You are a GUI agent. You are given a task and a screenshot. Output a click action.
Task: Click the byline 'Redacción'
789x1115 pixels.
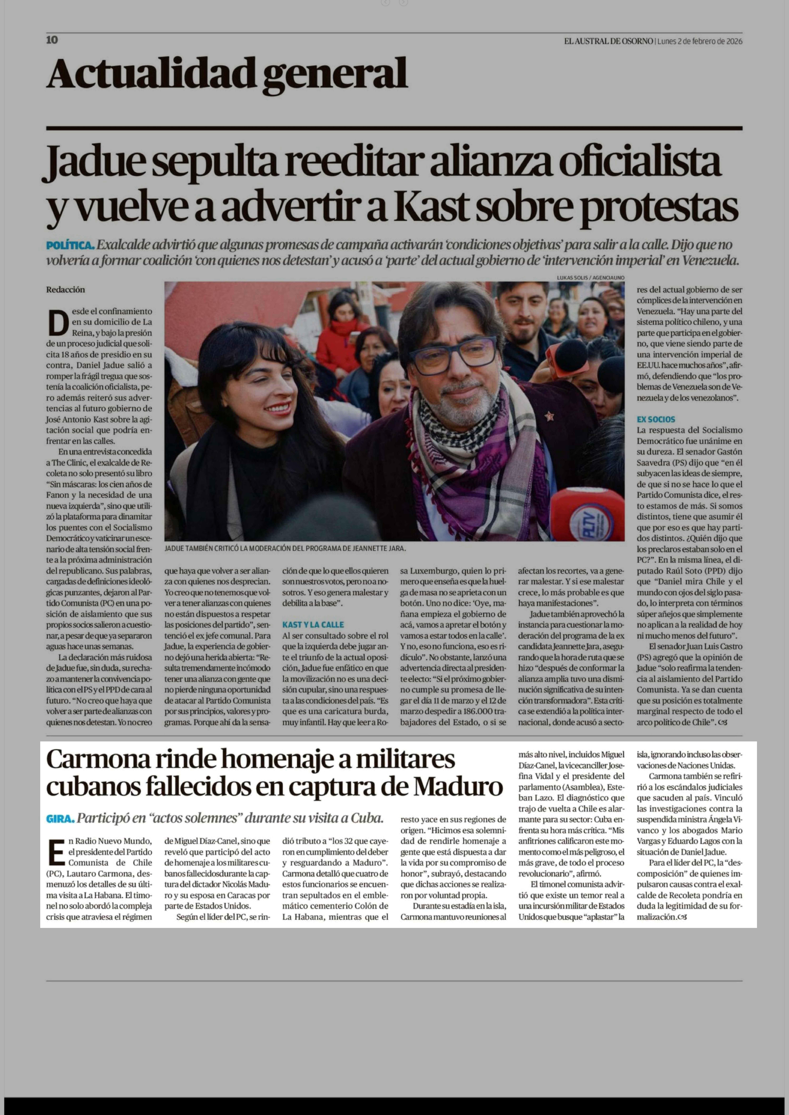(x=66, y=289)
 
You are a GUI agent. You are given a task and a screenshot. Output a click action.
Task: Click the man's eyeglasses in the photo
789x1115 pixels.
(x=453, y=355)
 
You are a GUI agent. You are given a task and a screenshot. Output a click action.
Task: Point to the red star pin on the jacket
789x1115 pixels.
(x=549, y=416)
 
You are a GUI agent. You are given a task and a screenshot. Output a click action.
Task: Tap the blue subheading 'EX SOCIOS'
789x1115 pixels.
(x=656, y=419)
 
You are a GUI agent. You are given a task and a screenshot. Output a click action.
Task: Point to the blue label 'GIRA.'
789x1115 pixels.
(x=60, y=819)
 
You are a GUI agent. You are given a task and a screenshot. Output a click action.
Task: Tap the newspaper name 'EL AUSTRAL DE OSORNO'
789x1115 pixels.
(x=608, y=41)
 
